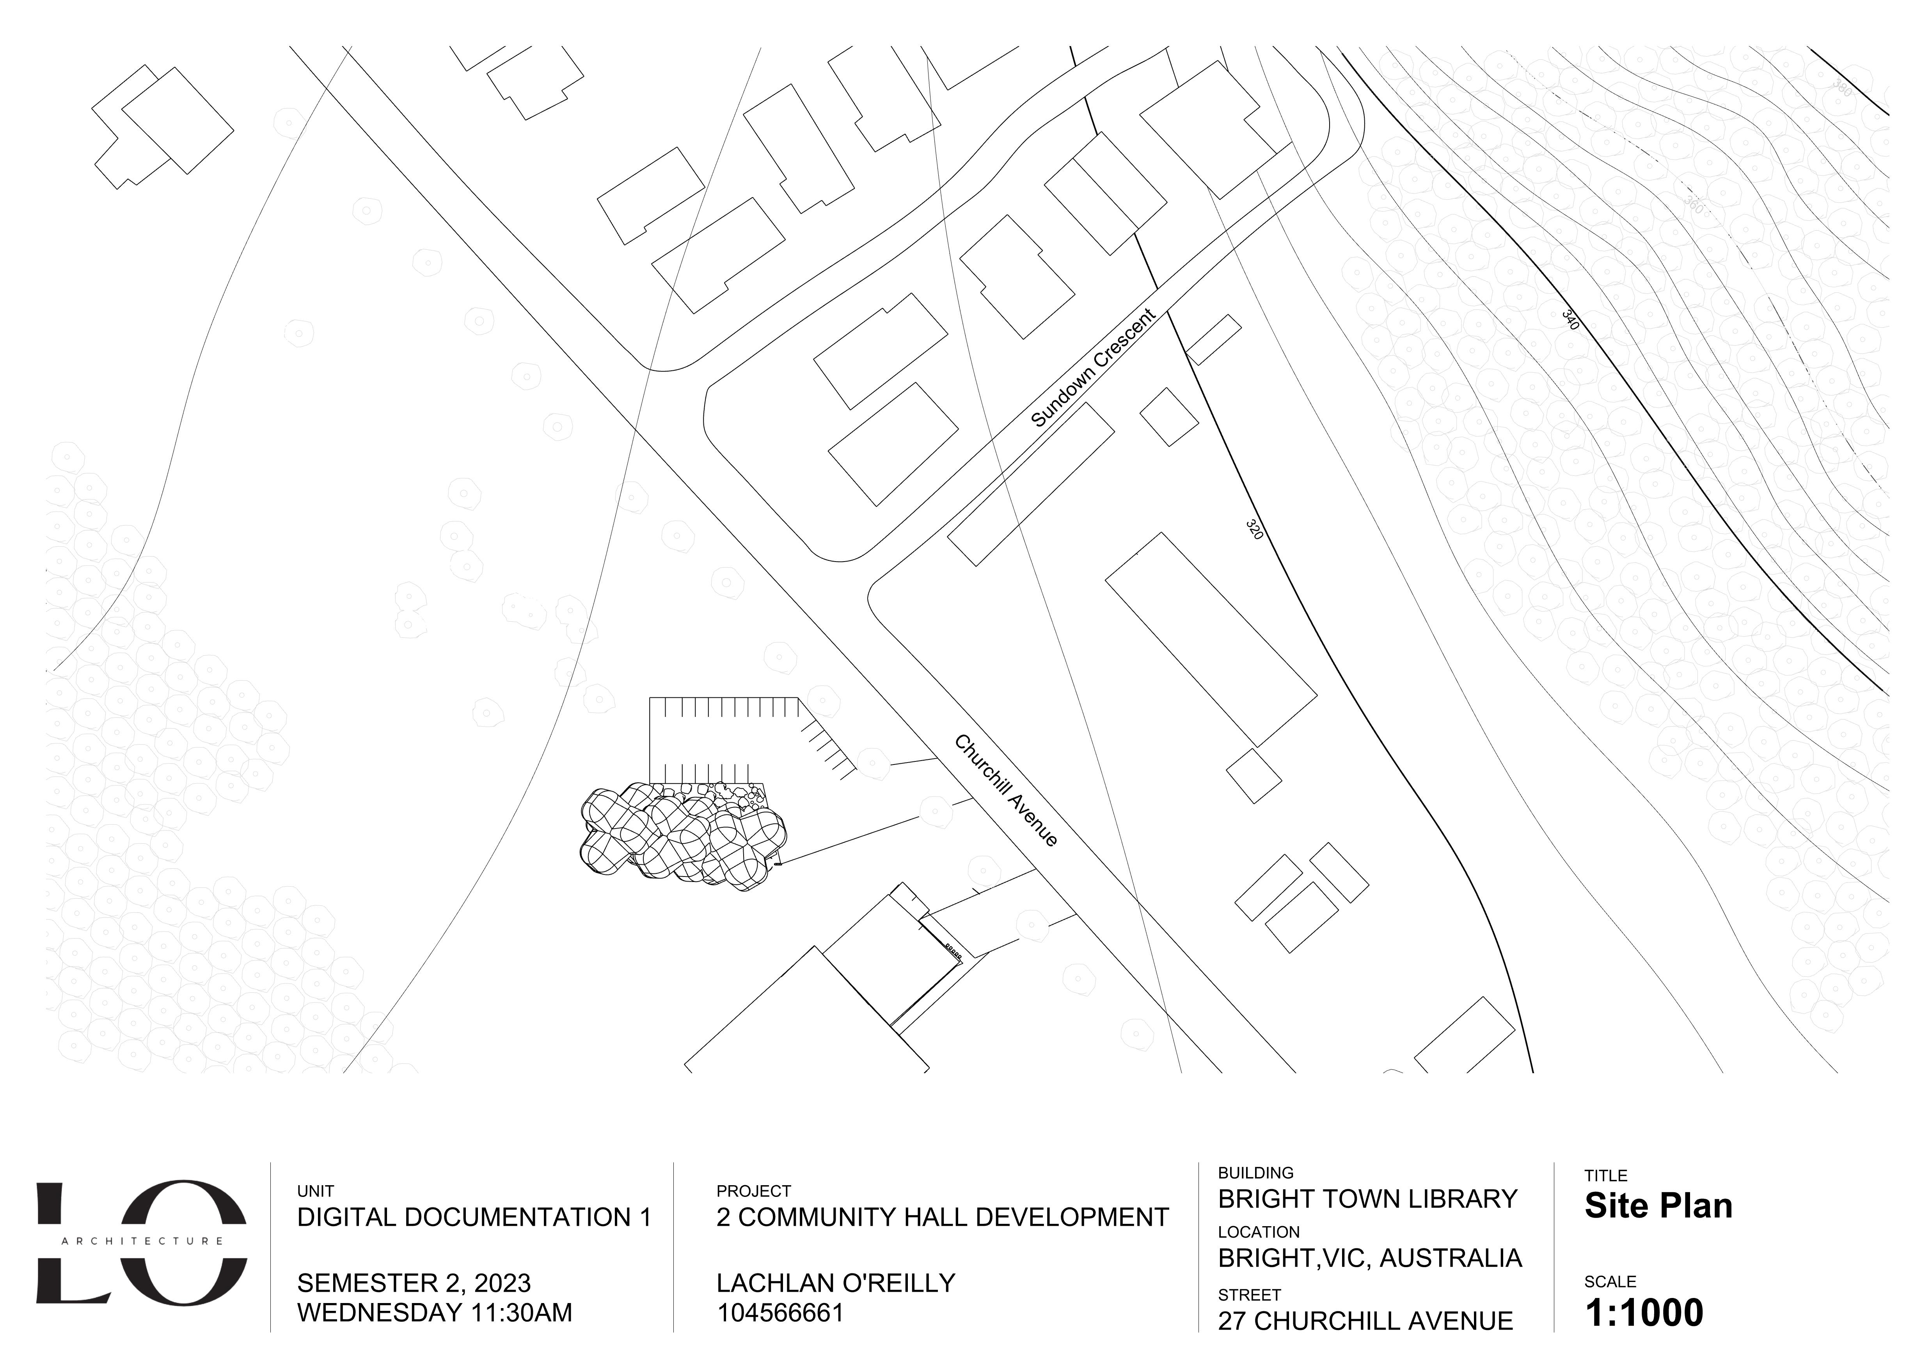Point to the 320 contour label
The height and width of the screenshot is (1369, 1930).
pos(1254,530)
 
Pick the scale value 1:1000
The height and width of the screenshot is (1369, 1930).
pos(1644,1313)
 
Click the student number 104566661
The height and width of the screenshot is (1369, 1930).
pos(779,1313)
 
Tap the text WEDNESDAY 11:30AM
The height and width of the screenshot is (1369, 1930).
pos(434,1313)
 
